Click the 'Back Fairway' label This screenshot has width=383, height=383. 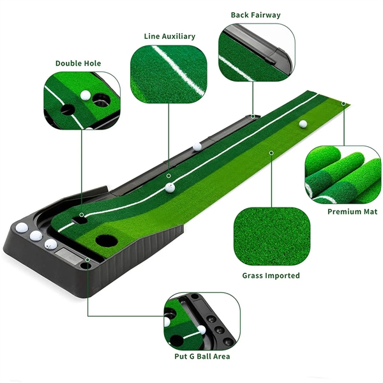point(255,15)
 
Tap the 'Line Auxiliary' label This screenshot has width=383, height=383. point(169,36)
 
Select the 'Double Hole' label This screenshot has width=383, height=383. point(78,63)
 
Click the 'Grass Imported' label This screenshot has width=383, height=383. point(271,276)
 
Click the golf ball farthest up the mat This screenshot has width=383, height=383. point(303,124)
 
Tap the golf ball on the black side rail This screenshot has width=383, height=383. point(197,146)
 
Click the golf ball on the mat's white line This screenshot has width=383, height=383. point(170,187)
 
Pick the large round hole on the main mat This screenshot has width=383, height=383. point(103,241)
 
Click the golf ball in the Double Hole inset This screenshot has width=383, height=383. point(86,94)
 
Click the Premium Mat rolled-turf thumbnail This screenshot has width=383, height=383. point(343,174)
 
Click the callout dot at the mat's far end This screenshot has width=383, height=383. point(343,103)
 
